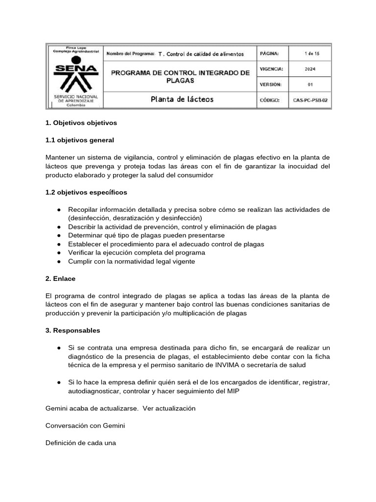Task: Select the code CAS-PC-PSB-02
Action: click(310, 100)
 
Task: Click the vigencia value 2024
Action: click(310, 69)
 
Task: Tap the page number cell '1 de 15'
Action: click(310, 53)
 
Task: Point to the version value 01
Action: click(310, 84)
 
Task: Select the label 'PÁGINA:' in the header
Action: click(270, 53)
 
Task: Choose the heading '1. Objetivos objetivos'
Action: click(81, 123)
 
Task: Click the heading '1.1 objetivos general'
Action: click(80, 140)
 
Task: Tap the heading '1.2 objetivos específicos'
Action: click(86, 192)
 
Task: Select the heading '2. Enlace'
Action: click(61, 278)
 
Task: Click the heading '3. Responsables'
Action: click(72, 330)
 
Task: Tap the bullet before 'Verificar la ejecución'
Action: click(59, 253)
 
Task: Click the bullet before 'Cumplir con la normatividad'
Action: click(59, 262)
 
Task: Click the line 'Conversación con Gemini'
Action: click(85, 426)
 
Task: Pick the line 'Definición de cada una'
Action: click(81, 443)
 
